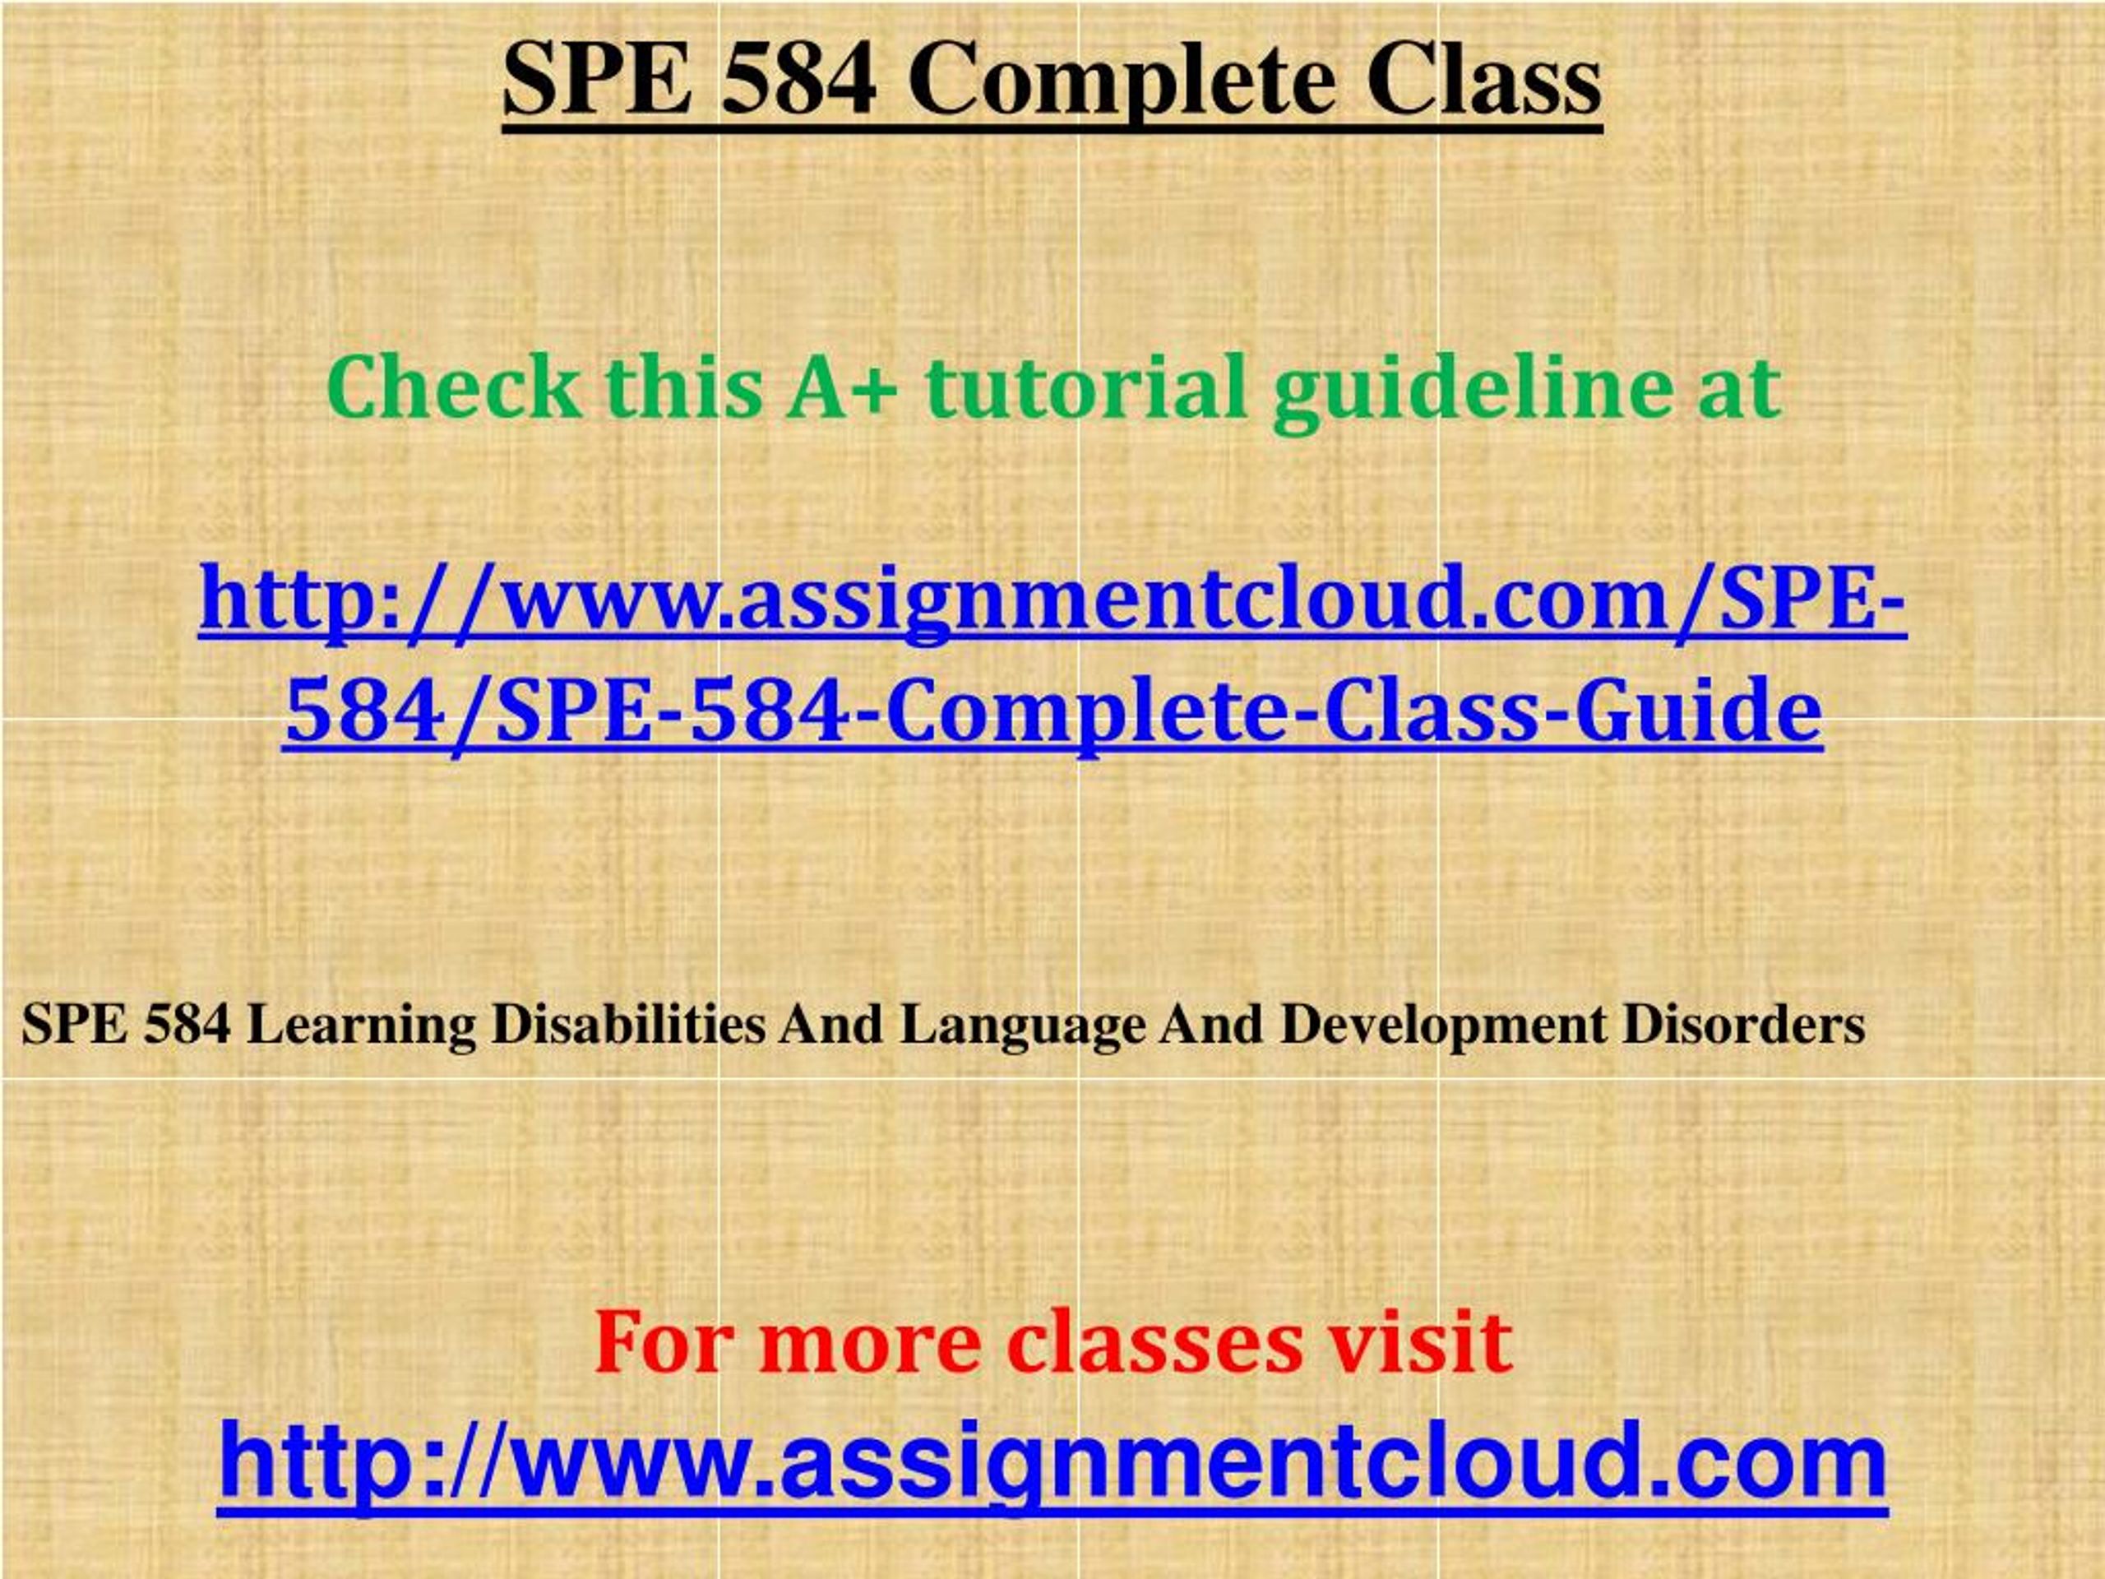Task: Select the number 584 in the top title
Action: click(798, 80)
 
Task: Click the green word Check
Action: click(454, 387)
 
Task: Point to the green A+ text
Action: click(841, 388)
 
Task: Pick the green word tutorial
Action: click(1085, 387)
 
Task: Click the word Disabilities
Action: click(629, 1024)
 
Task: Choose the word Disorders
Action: click(1744, 1024)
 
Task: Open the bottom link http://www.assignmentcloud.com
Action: click(1052, 1464)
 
